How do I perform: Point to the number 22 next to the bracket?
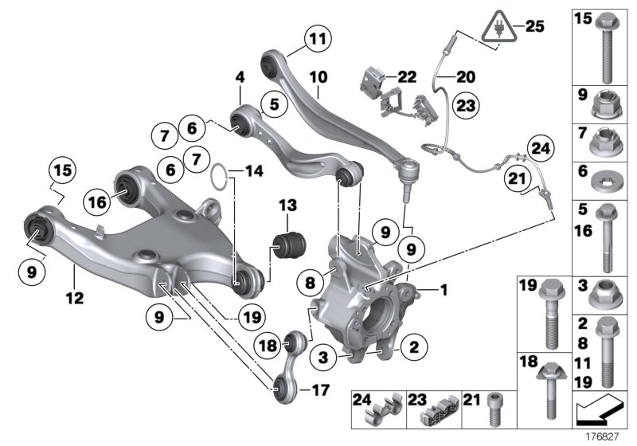[x=407, y=76]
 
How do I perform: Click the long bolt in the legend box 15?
[x=608, y=48]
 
